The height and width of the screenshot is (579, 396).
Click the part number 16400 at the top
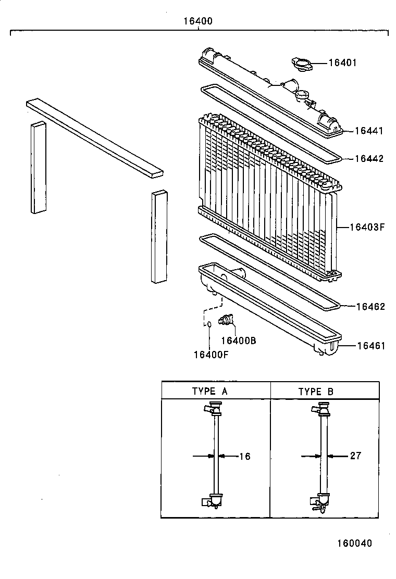pyautogui.click(x=198, y=22)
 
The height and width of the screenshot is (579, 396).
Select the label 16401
pyautogui.click(x=342, y=63)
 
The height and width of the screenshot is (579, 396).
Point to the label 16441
pyautogui.click(x=368, y=131)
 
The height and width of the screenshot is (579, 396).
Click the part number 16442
pyautogui.click(x=369, y=159)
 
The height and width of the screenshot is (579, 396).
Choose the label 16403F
pyautogui.click(x=366, y=227)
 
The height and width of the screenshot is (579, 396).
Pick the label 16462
pyautogui.click(x=370, y=307)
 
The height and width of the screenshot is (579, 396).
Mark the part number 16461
pyautogui.click(x=370, y=346)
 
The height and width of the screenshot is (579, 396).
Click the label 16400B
pyautogui.click(x=238, y=341)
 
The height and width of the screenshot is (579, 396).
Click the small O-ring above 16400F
pyautogui.click(x=209, y=324)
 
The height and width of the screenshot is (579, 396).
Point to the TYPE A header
pyautogui.click(x=209, y=392)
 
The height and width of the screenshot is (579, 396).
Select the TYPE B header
pyautogui.click(x=316, y=392)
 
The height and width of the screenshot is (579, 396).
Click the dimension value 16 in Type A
pyautogui.click(x=245, y=457)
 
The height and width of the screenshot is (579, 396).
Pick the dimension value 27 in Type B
pyautogui.click(x=355, y=456)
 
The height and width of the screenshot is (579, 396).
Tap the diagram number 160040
pyautogui.click(x=354, y=543)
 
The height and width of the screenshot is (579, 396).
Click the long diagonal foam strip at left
pyautogui.click(x=94, y=138)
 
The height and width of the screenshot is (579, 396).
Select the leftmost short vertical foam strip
pyautogui.click(x=39, y=167)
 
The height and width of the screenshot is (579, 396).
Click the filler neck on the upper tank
pyautogui.click(x=302, y=96)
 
